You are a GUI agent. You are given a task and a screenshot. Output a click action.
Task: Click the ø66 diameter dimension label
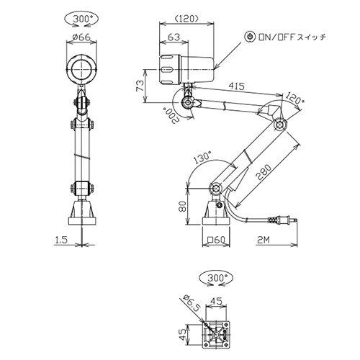(x=81, y=37)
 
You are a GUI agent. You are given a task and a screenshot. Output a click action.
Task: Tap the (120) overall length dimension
(x=186, y=19)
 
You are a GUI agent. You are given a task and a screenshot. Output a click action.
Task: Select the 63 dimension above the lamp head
(x=174, y=37)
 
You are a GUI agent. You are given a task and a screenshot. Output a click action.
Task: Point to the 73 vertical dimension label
(x=140, y=86)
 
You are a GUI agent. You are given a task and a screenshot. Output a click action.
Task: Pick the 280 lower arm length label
(x=264, y=172)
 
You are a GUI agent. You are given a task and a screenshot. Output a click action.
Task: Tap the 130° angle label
(x=202, y=158)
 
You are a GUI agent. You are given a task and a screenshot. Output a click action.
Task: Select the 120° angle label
(x=294, y=98)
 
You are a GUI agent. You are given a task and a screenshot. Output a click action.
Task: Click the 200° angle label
(x=170, y=115)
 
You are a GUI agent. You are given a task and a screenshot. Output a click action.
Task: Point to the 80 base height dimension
(x=183, y=206)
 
